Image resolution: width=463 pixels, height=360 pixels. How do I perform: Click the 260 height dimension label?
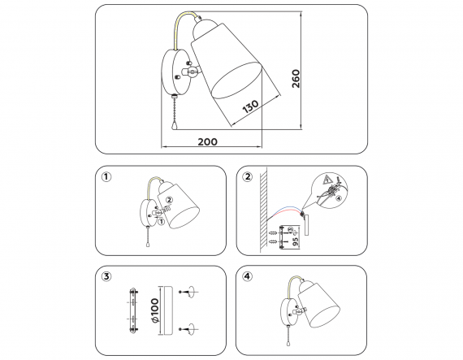point(296,79)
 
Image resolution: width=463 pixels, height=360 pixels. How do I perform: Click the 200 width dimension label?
point(207,141)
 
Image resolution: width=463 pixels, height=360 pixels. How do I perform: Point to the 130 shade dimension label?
point(250,106)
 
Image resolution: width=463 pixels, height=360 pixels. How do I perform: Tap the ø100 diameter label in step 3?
point(154,310)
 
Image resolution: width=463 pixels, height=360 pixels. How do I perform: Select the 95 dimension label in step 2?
point(295,241)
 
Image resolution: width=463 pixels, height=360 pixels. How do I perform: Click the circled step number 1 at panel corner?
point(106,177)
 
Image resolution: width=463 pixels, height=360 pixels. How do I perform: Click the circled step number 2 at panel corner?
point(248,176)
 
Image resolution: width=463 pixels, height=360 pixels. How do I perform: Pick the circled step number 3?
point(106,277)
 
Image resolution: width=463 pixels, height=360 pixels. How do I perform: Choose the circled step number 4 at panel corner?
point(247,276)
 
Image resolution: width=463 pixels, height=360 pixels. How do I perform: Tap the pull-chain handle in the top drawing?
point(174,125)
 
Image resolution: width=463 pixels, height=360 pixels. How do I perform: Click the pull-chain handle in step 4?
point(288,343)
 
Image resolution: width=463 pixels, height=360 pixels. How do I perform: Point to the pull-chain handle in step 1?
point(148,245)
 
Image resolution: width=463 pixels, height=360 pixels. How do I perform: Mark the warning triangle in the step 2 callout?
point(327,179)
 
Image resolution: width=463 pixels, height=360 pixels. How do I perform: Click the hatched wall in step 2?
point(263,210)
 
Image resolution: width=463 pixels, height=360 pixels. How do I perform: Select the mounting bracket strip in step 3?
point(133,311)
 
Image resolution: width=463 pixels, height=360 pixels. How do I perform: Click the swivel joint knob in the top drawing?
point(193,72)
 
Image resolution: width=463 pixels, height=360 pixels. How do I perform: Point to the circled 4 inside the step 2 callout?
point(339,198)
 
